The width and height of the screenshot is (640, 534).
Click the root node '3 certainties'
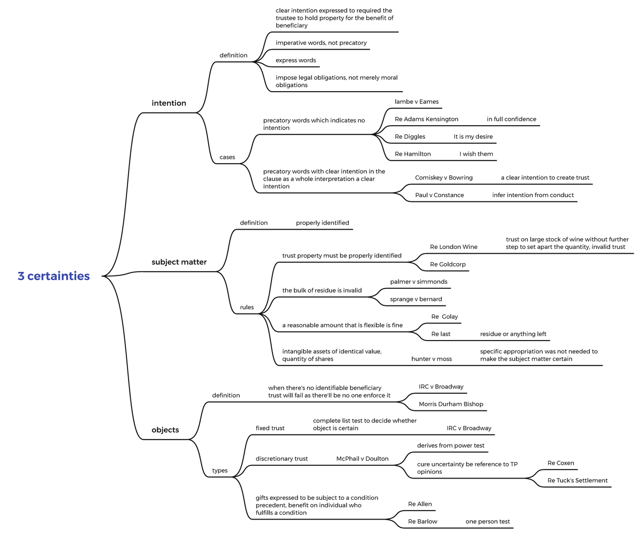pos(53,276)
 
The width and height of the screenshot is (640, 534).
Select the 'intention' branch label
pos(169,103)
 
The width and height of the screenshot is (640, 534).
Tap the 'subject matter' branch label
pos(179,262)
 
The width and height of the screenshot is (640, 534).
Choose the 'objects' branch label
pos(165,430)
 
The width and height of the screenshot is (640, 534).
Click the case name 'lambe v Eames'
pos(417,102)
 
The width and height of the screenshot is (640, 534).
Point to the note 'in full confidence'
pos(511,119)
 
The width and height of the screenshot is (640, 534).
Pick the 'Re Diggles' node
pos(410,137)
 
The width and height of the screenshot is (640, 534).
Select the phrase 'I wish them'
pos(476,154)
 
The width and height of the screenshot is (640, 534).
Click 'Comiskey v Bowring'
pos(444,177)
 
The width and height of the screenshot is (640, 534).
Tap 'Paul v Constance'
pos(439,195)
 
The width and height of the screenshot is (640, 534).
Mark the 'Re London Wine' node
pos(453,247)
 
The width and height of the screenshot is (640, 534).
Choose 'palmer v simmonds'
pos(419,281)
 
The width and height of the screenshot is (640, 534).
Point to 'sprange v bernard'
pos(415,299)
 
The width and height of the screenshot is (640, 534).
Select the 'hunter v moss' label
pos(431,359)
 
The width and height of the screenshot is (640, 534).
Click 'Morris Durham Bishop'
pos(451,404)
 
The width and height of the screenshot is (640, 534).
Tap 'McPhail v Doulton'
pos(362,459)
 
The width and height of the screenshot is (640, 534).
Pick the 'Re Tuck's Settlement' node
pos(577,481)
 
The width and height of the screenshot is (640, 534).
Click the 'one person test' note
pos(487,522)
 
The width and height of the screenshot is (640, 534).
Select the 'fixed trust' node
pos(270,428)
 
